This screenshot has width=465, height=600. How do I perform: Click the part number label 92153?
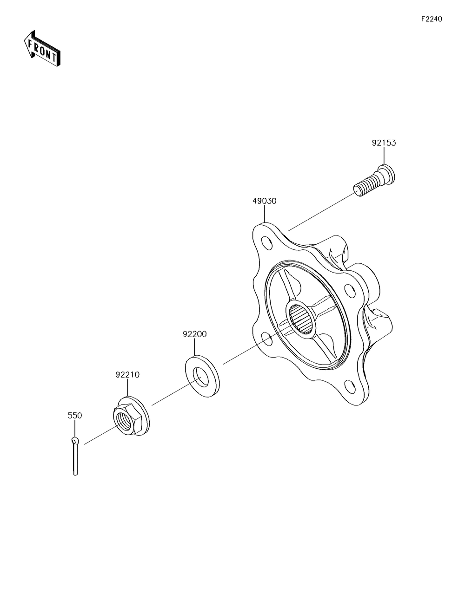click(x=384, y=143)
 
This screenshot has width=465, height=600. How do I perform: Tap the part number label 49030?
click(x=265, y=201)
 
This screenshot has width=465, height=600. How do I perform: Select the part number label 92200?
click(x=194, y=334)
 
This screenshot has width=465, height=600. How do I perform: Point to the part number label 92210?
click(x=127, y=375)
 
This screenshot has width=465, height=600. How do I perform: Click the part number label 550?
click(x=75, y=415)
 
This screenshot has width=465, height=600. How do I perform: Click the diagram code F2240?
click(x=432, y=19)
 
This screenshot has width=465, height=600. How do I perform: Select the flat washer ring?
click(x=202, y=377)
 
